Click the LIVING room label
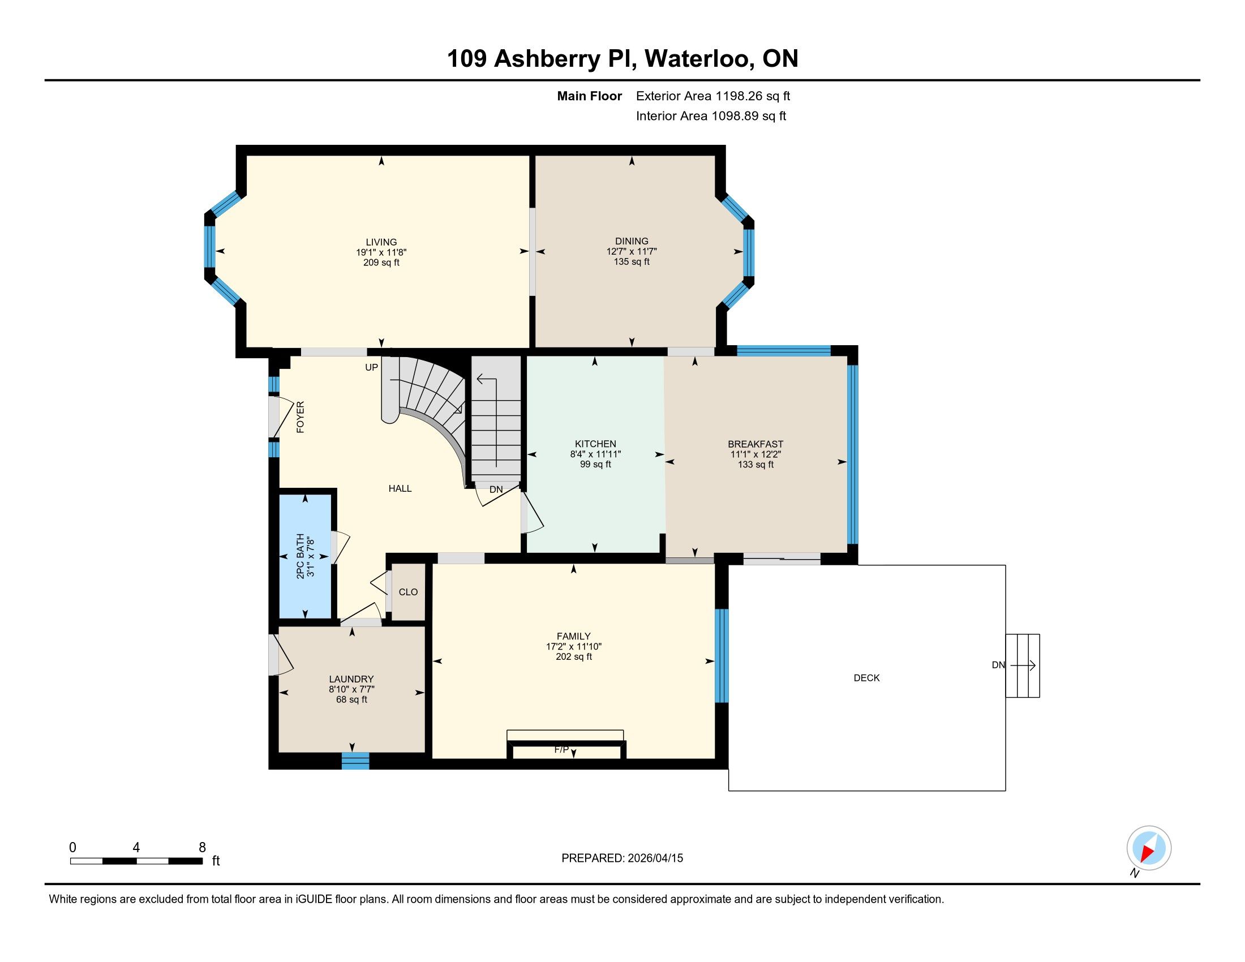pyautogui.click(x=381, y=242)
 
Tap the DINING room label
pyautogui.click(x=632, y=241)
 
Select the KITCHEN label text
pyautogui.click(x=595, y=444)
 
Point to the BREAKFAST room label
pyautogui.click(x=755, y=444)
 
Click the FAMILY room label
pyautogui.click(x=573, y=636)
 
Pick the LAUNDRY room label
pyautogui.click(x=351, y=678)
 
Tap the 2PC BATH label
pyautogui.click(x=300, y=556)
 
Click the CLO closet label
pyautogui.click(x=408, y=592)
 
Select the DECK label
pyautogui.click(x=866, y=677)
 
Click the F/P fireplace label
pyautogui.click(x=561, y=749)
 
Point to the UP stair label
pyautogui.click(x=372, y=368)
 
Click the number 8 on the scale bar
pyautogui.click(x=202, y=848)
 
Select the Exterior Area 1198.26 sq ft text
pyautogui.click(x=713, y=96)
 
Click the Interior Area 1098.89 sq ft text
pyautogui.click(x=711, y=116)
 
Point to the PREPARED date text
pyautogui.click(x=622, y=858)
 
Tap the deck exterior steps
pyautogui.click(x=1023, y=665)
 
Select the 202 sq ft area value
pyautogui.click(x=573, y=656)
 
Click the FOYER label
pyautogui.click(x=300, y=417)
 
